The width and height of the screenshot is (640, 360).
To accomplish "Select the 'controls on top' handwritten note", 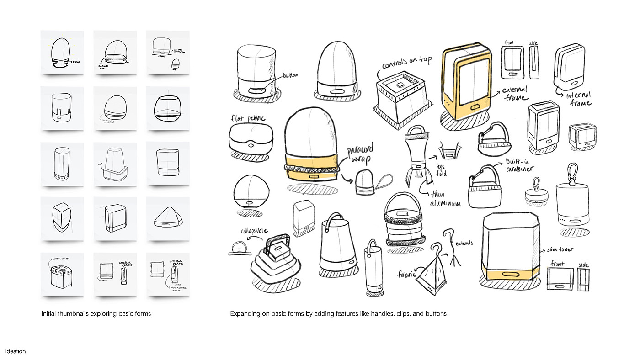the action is [402, 64].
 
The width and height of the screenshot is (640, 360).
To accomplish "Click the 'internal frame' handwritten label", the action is [579, 99].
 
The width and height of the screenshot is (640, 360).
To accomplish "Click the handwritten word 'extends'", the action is [464, 243].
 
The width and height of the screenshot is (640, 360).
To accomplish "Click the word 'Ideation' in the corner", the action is [16, 351].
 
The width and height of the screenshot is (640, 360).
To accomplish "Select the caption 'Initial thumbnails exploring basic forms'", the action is [96, 314].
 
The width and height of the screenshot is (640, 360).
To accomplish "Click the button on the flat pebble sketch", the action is [251, 145].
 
